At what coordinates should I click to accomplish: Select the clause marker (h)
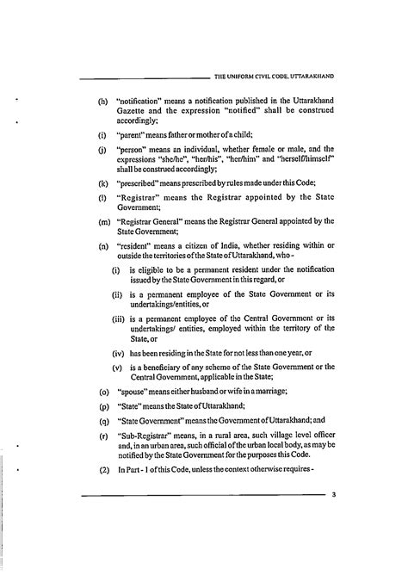tap(102, 101)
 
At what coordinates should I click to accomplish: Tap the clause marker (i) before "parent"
tap(102, 135)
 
